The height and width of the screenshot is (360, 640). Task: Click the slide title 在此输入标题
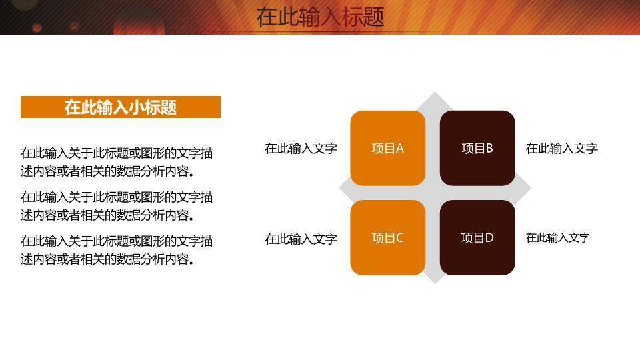pyautogui.click(x=320, y=17)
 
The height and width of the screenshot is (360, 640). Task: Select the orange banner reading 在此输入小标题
pyautogui.click(x=121, y=107)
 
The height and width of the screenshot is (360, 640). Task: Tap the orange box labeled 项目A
pyautogui.click(x=387, y=148)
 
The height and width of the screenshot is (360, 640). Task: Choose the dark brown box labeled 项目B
pyautogui.click(x=477, y=148)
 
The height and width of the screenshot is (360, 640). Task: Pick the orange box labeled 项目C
pyautogui.click(x=387, y=238)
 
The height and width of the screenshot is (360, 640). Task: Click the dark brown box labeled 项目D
pyautogui.click(x=477, y=238)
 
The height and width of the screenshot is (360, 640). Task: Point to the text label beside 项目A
pyautogui.click(x=301, y=148)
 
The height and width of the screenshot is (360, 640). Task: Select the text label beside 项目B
pyautogui.click(x=561, y=148)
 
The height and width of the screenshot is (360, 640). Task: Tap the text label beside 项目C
pyautogui.click(x=301, y=239)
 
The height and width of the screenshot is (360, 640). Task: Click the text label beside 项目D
pyautogui.click(x=557, y=237)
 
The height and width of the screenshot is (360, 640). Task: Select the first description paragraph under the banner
pyautogui.click(x=117, y=162)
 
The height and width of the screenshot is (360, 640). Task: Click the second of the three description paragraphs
pyautogui.click(x=117, y=206)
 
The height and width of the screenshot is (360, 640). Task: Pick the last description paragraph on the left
pyautogui.click(x=117, y=250)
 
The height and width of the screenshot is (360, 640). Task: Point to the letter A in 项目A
pyautogui.click(x=400, y=149)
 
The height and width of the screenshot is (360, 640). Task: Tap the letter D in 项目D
pyautogui.click(x=489, y=238)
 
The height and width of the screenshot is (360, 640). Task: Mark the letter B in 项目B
pyautogui.click(x=489, y=149)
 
